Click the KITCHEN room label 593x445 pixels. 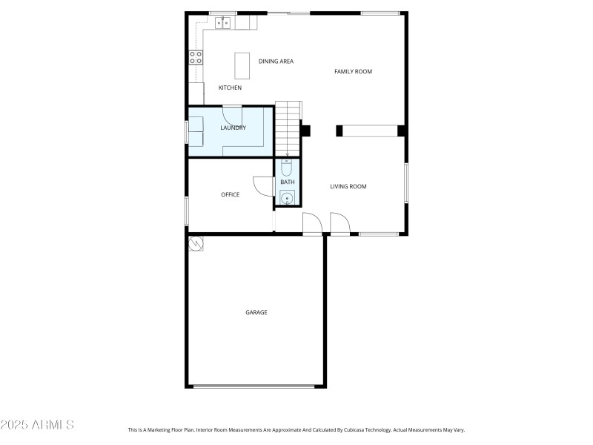[x=230, y=88]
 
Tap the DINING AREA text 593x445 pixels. [x=276, y=62]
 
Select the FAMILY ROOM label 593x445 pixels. [x=353, y=72]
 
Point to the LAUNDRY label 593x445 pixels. [x=233, y=128]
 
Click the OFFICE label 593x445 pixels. [x=230, y=195]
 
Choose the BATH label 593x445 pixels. [x=287, y=182]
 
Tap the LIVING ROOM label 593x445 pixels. [x=348, y=187]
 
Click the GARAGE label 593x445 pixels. [x=256, y=312]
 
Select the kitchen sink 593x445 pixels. [x=223, y=24]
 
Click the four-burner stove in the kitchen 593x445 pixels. [x=196, y=58]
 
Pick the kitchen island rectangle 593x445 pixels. [x=242, y=65]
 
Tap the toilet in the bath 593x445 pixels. [x=287, y=166]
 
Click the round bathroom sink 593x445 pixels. [x=287, y=197]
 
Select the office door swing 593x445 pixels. [x=262, y=186]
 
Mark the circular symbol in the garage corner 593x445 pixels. [x=196, y=243]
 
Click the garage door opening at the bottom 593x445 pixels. [x=254, y=386]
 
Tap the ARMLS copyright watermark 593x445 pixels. [x=37, y=425]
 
